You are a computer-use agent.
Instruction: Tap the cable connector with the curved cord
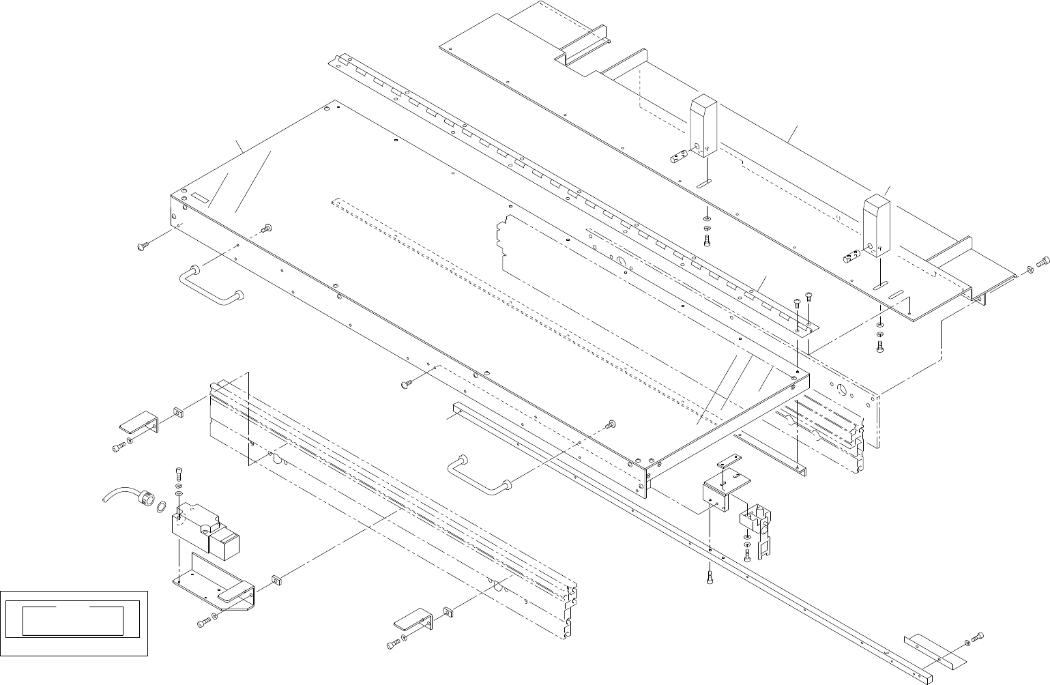pos(145,498)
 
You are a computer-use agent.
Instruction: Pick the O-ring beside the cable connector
pos(161,507)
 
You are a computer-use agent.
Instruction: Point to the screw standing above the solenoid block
pos(179,472)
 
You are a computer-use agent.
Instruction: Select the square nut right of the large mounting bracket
pos(276,580)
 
